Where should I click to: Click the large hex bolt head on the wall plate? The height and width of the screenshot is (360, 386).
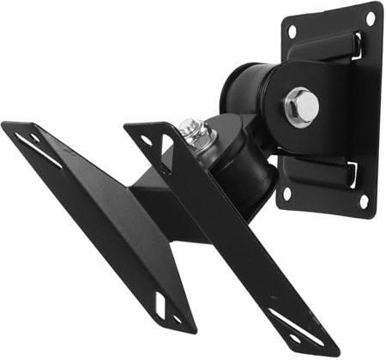[303, 104]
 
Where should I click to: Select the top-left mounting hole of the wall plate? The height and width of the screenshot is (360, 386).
[292, 32]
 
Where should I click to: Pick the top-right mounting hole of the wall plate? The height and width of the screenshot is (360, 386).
[371, 17]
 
